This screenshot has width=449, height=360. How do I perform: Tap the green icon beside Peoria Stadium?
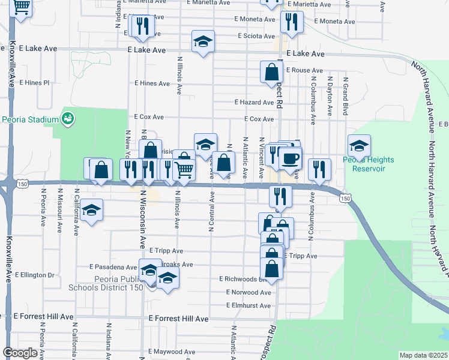[68, 118]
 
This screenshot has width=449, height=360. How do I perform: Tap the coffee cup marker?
[291, 158]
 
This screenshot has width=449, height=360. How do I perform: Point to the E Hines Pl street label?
[35, 83]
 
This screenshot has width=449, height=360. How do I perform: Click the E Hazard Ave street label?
[254, 103]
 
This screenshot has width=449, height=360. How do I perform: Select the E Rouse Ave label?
[304, 70]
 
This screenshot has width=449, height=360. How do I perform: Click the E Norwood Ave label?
[249, 292]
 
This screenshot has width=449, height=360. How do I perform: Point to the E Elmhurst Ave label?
[249, 305]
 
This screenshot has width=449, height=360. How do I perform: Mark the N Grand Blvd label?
[346, 96]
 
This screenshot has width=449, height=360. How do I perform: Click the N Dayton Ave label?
[330, 96]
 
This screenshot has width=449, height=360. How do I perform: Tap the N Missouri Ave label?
[60, 209]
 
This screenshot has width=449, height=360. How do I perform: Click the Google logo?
[20, 353]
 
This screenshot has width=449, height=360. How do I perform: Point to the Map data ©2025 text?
[423, 355]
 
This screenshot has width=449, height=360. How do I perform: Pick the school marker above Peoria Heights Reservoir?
[359, 146]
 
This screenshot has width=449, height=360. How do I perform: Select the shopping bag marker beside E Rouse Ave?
[272, 73]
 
